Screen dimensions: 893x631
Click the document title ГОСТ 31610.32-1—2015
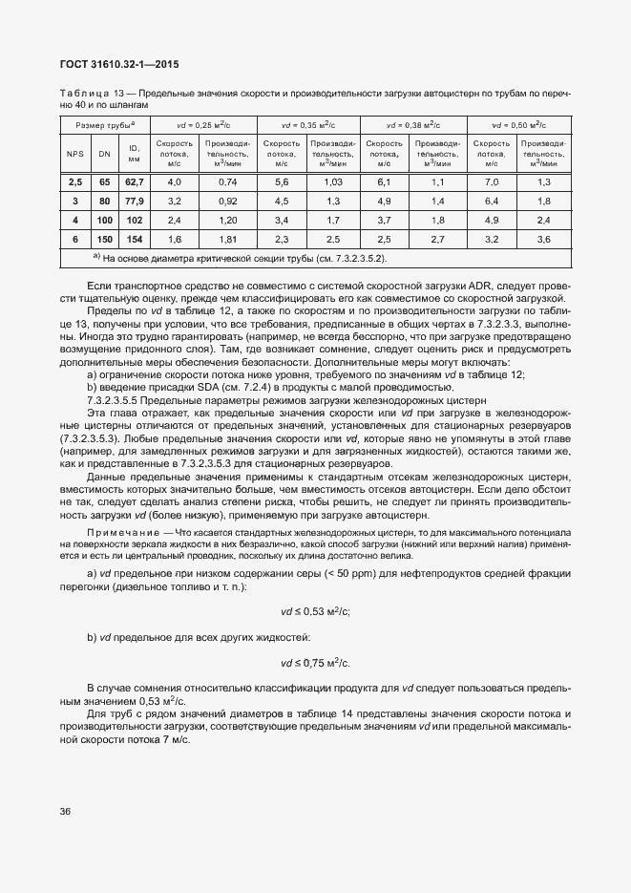pos(113,65)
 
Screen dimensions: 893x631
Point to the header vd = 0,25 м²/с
pos(201,125)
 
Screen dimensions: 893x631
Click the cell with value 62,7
pos(135,181)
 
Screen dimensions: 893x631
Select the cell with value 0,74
pos(227,181)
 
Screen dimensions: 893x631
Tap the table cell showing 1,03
pos(333,181)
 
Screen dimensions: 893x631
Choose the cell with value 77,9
pos(135,201)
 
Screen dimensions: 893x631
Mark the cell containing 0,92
pos(227,201)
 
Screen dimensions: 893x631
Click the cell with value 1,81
pos(227,239)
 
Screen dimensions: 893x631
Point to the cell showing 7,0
pos(493,181)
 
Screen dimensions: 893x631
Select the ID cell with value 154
pos(135,239)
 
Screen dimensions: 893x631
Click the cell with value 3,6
pos(544,239)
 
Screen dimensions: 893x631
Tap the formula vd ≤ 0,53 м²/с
pos(315,611)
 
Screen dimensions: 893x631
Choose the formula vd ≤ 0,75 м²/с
pos(315,662)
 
